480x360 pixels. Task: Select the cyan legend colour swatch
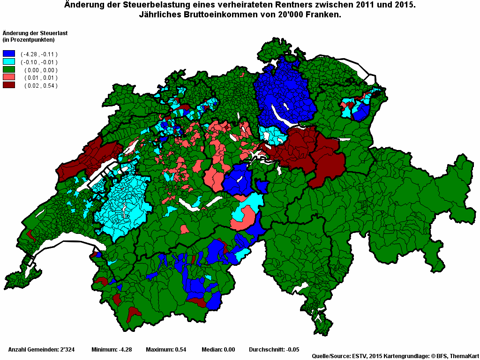[x=9, y=62]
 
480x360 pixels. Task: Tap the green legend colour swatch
[x=9, y=69]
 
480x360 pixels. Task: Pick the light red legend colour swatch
[x=9, y=77]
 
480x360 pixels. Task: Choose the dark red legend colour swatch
[x=9, y=85]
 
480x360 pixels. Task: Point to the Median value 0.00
[x=229, y=350]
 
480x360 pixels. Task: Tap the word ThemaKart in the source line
[x=464, y=356]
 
